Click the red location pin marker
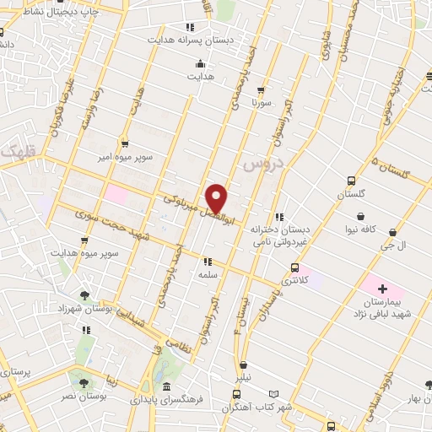pyautogui.click(x=217, y=198)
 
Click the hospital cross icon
pyautogui.click(x=382, y=289)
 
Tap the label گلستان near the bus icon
pyautogui.click(x=351, y=194)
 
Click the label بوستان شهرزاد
pyautogui.click(x=85, y=310)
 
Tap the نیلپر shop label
pyautogui.click(x=243, y=379)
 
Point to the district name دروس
pyautogui.click(x=261, y=165)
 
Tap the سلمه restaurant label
pyautogui.click(x=208, y=275)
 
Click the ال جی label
pyautogui.click(x=396, y=245)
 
